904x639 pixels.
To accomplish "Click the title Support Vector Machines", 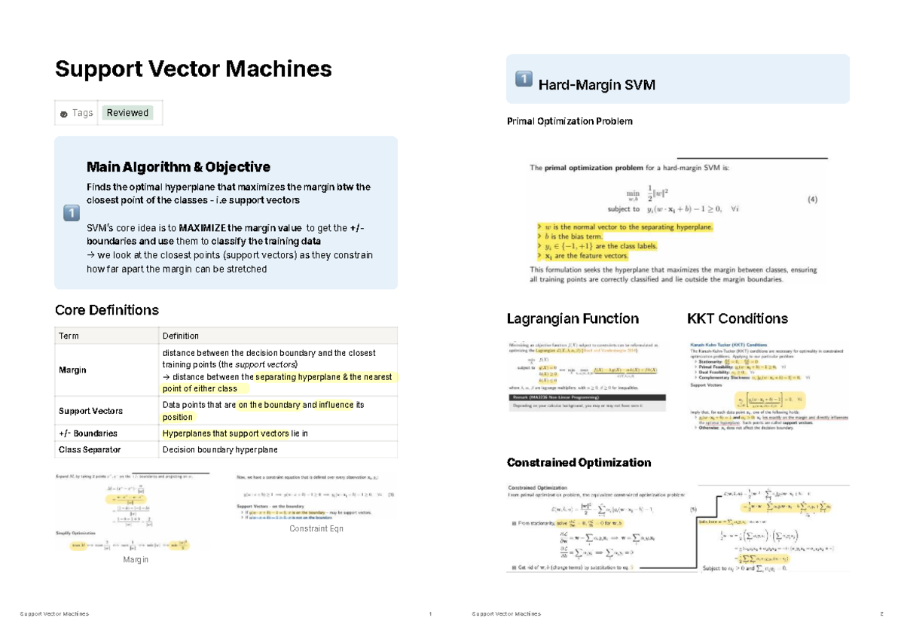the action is (194, 69).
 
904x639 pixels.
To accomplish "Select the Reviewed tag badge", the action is (127, 113).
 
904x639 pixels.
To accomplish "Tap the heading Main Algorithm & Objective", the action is (178, 167).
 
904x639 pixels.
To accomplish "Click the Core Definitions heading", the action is (107, 310).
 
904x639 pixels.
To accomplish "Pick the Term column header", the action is (69, 336).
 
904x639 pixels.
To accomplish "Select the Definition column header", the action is (181, 336).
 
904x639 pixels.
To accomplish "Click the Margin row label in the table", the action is (72, 370).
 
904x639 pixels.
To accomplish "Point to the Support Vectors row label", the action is (90, 411).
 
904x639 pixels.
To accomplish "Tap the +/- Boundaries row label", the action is (87, 434).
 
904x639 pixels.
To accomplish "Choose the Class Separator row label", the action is (90, 450).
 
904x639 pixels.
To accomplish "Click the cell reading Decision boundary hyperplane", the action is (220, 450).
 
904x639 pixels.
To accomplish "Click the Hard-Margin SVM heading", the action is (597, 85).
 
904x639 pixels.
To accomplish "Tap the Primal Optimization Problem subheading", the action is (570, 121).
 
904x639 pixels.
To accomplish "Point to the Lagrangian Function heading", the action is (573, 318).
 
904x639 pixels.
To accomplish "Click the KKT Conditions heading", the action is (738, 318).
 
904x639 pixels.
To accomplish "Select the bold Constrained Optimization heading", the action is (579, 462).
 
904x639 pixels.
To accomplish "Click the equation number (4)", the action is (812, 200).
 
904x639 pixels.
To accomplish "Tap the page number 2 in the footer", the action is (881, 614).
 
